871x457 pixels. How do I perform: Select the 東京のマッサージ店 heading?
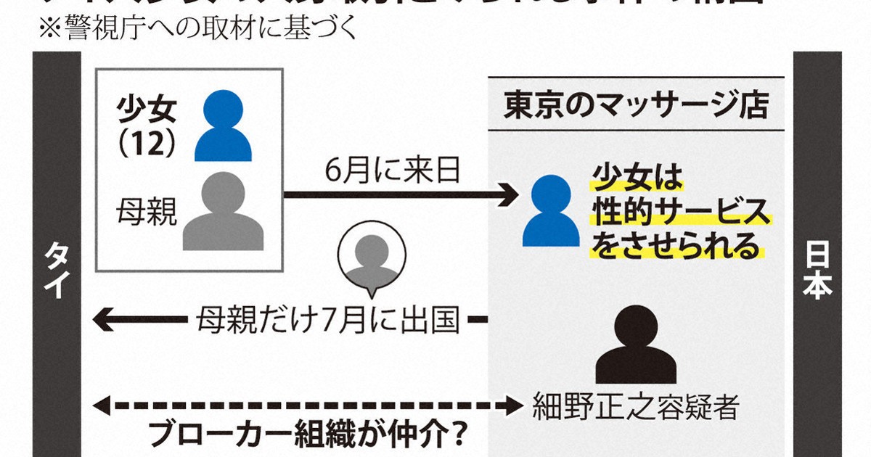[636, 107]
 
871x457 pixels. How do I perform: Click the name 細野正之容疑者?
[634, 405]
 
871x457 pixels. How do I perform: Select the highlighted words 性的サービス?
[680, 213]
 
